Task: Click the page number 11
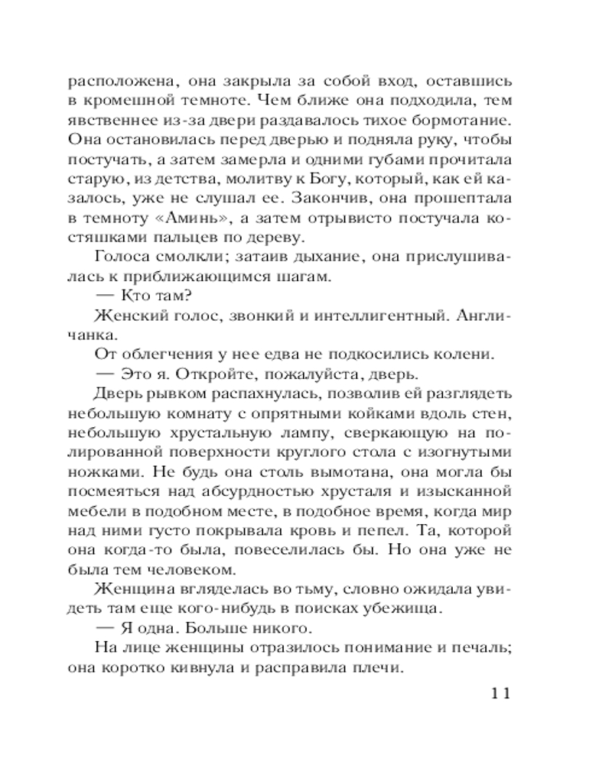point(497,694)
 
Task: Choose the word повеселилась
point(299,552)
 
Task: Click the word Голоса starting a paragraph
point(125,257)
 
